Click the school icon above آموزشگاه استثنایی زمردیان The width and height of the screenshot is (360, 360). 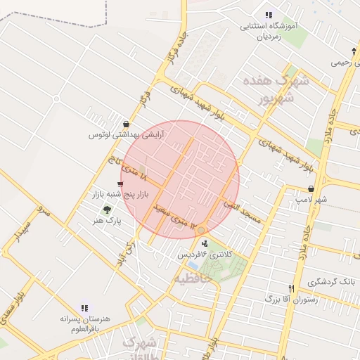268,15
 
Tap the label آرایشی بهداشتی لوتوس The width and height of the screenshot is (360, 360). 126,134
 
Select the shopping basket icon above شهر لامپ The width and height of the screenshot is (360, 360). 311,189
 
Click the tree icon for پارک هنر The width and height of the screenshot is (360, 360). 107,210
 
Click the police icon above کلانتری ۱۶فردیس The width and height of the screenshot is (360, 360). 205,243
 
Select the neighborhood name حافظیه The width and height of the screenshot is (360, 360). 193,280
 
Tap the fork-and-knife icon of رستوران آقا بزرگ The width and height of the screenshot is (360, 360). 291,288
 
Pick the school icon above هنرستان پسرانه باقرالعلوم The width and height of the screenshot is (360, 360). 85,307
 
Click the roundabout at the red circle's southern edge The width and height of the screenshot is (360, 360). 201,230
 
